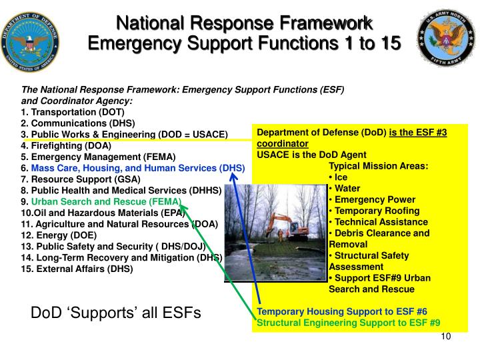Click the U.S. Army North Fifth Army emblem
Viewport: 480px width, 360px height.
coord(446,41)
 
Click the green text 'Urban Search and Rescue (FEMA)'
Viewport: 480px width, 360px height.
coord(106,201)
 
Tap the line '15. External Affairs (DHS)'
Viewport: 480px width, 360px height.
coord(77,269)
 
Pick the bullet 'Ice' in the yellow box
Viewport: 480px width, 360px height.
coord(340,177)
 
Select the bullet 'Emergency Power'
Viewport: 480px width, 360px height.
coord(374,199)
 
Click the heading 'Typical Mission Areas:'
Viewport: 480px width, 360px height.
coord(379,166)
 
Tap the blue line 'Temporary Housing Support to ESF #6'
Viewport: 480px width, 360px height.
coord(342,311)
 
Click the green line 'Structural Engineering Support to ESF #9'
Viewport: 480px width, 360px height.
coord(349,323)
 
